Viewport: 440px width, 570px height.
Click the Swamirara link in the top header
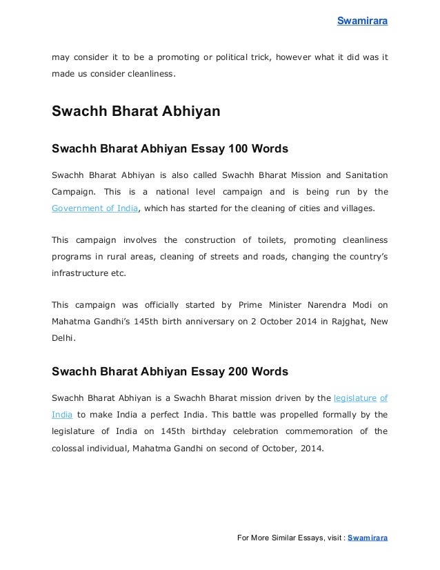(x=362, y=21)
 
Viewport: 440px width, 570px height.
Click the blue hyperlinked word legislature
(x=354, y=398)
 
